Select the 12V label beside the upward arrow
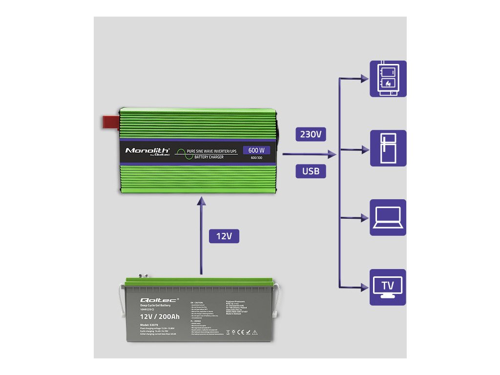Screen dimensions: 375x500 224,236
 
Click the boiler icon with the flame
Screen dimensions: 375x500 388,79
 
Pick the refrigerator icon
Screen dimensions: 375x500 388,148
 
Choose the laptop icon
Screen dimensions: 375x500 388,217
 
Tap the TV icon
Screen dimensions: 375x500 388,287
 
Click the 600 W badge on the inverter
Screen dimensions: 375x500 256,150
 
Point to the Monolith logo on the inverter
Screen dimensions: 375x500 147,150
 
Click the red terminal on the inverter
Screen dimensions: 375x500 110,121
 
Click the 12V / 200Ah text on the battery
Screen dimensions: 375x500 160,316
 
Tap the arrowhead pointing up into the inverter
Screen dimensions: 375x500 200,201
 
